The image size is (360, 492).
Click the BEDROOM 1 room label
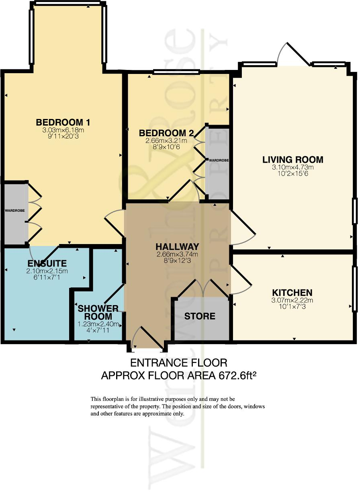tap(63, 122)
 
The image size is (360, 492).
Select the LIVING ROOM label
tap(292, 160)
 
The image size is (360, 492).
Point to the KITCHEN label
tap(292, 292)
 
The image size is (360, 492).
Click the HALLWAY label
tap(178, 246)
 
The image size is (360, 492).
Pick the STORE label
tap(200, 316)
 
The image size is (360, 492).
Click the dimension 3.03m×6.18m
tap(63, 130)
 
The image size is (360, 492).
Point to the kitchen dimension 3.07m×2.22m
tap(292, 300)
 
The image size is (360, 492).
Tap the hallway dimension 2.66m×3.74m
tap(178, 254)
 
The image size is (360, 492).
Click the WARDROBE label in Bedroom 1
tap(15, 211)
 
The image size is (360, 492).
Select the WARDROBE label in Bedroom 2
tap(218, 160)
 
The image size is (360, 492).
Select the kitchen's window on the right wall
tap(354, 288)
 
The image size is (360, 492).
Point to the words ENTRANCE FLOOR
tap(179, 363)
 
